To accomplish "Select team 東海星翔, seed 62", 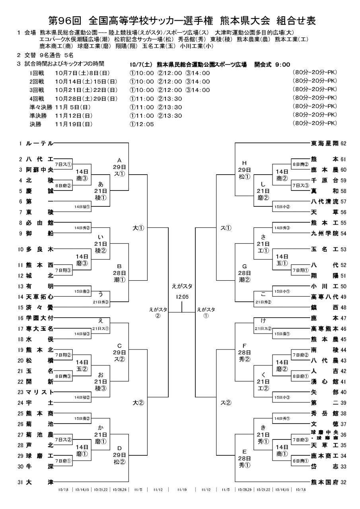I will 324,143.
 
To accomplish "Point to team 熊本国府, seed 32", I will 324,482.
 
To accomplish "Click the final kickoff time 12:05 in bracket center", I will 182,296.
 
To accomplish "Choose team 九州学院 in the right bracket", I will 324,233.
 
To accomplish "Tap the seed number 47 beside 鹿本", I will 344,318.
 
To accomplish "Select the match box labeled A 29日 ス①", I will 119,167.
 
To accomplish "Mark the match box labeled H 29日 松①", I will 245,170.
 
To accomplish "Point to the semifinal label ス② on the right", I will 226,402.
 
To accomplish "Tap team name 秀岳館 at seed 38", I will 324,413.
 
